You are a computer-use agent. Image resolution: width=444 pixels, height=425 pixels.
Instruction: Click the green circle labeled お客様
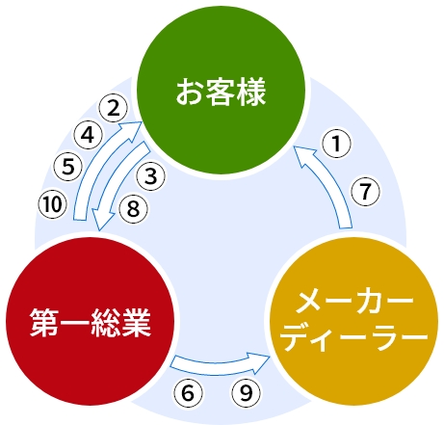point(221,91)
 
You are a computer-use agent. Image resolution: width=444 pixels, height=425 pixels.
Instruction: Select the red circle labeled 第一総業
point(91,321)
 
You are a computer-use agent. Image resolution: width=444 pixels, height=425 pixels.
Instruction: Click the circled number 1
point(336,144)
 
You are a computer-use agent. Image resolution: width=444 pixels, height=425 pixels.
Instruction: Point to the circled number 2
point(113,108)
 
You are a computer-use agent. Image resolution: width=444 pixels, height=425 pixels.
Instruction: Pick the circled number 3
point(151,176)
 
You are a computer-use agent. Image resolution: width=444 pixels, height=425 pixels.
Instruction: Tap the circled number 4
point(88,135)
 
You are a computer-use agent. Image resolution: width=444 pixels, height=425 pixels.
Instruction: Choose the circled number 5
point(68,167)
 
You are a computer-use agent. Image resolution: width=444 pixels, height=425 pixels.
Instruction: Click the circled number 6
point(188,393)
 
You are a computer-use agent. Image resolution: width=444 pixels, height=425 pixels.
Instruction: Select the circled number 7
point(365,192)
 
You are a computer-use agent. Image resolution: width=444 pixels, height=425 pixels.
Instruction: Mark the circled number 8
point(133,209)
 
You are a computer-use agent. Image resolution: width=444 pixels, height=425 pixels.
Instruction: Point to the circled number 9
point(246,393)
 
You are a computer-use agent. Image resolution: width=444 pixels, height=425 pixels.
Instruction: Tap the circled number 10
point(52,204)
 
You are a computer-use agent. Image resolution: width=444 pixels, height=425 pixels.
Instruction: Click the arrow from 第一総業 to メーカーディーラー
point(219,368)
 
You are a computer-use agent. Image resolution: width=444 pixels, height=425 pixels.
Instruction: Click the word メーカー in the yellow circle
point(354,303)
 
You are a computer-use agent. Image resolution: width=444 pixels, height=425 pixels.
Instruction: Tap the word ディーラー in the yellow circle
point(355,338)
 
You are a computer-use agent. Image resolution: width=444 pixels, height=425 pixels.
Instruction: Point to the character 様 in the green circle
point(251,92)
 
